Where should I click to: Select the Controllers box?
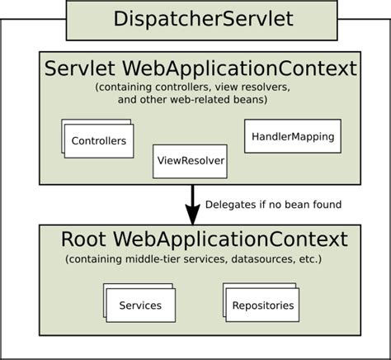point(99,140)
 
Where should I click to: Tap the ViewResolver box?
point(190,161)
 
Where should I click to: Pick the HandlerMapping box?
point(292,136)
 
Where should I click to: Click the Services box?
point(140,306)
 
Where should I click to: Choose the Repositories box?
point(262,306)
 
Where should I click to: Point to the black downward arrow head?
point(192,216)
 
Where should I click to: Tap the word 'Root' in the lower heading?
point(83,240)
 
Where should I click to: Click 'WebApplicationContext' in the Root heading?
point(230,240)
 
